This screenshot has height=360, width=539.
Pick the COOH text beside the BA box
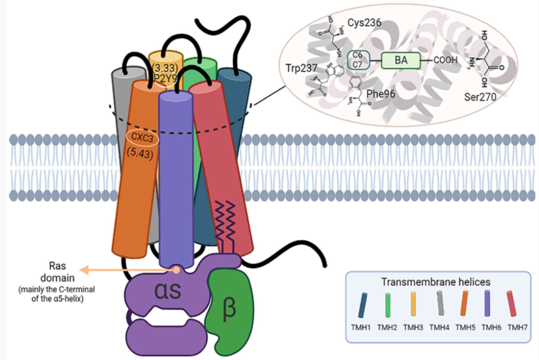point(445,61)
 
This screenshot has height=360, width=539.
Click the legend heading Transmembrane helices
point(437,282)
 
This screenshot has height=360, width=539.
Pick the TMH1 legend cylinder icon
point(362,306)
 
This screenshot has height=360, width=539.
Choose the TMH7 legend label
point(518,326)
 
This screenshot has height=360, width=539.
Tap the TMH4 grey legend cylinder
point(439,306)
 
